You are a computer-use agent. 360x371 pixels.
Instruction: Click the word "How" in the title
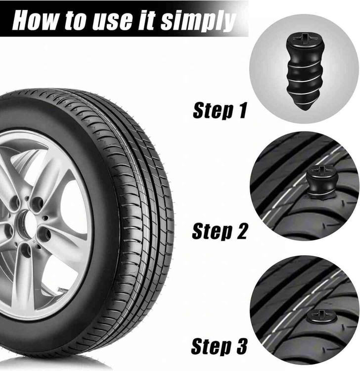point(35,20)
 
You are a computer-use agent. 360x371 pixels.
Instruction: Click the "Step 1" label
point(220,110)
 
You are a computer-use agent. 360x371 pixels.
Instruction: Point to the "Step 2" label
point(219,231)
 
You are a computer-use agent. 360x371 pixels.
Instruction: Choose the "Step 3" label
point(219,346)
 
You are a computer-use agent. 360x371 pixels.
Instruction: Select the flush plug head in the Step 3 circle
point(321,316)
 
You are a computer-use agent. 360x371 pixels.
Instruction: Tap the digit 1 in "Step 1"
point(242,110)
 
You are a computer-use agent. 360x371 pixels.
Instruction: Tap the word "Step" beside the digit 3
point(211,347)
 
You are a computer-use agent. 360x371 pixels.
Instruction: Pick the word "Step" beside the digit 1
point(213,111)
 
